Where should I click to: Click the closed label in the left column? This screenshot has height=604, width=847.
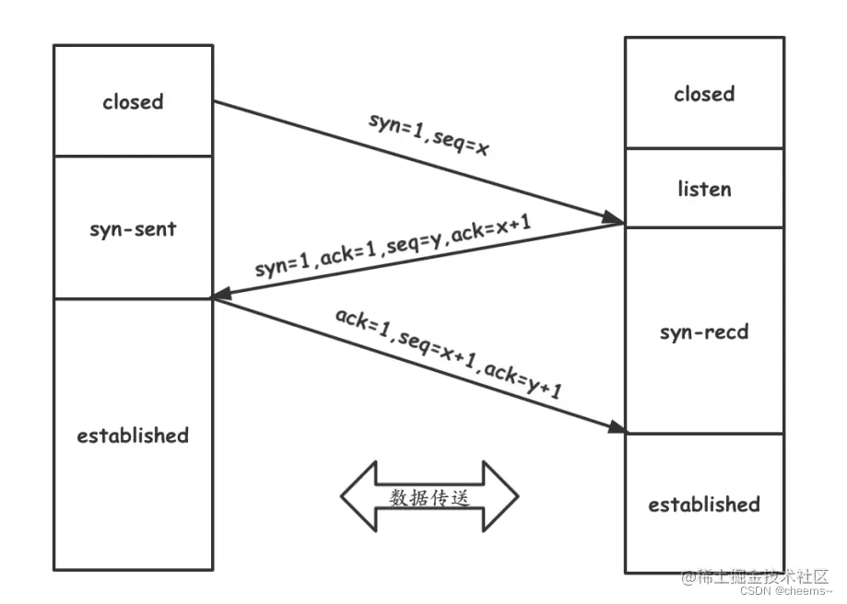click(133, 102)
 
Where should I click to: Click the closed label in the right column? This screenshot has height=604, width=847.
click(704, 94)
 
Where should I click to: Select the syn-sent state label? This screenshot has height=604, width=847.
click(133, 229)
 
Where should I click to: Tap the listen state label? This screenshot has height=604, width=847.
click(704, 189)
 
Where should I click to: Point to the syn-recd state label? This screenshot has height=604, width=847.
click(704, 331)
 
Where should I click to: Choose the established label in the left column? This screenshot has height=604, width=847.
click(133, 435)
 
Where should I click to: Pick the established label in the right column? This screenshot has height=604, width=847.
click(704, 505)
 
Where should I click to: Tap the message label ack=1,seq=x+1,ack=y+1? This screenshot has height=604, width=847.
click(449, 353)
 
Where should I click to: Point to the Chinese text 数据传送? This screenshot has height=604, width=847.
click(429, 497)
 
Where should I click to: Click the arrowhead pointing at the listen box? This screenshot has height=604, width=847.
click(614, 219)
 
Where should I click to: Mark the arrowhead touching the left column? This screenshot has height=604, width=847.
click(221, 296)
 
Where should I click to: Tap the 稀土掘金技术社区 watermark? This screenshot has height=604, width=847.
click(756, 576)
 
